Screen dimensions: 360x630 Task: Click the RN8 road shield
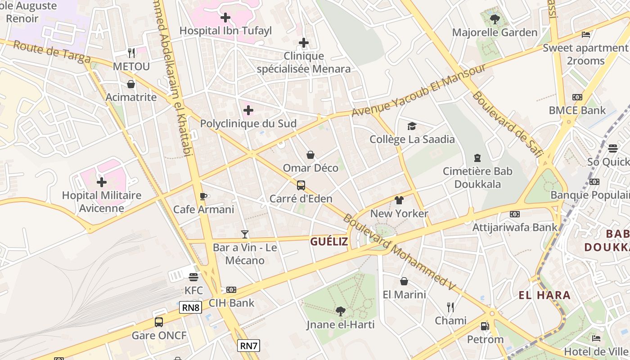pyautogui.click(x=191, y=308)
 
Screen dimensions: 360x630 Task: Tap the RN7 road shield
pyautogui.click(x=248, y=346)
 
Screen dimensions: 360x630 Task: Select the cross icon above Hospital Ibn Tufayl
pyautogui.click(x=225, y=18)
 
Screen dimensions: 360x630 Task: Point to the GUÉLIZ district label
pyautogui.click(x=329, y=242)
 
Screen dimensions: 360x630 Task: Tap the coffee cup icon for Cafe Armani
pyautogui.click(x=203, y=196)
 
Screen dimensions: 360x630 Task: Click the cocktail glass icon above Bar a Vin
pyautogui.click(x=245, y=234)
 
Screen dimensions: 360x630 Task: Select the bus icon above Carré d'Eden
pyautogui.click(x=301, y=185)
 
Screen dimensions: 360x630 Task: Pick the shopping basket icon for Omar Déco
pyautogui.click(x=310, y=155)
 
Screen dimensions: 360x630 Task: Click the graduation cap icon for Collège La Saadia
pyautogui.click(x=412, y=126)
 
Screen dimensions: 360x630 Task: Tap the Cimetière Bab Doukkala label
pyautogui.click(x=477, y=178)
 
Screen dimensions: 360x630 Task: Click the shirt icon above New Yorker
pyautogui.click(x=399, y=200)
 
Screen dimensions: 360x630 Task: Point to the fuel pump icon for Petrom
pyautogui.click(x=485, y=326)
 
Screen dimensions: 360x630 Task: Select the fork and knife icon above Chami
pyautogui.click(x=450, y=307)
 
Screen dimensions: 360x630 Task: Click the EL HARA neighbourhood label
pyautogui.click(x=544, y=295)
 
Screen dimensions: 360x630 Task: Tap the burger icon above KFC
pyautogui.click(x=193, y=277)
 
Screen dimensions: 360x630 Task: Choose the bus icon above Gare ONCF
pyautogui.click(x=159, y=322)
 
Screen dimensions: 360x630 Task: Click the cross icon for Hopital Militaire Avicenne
pyautogui.click(x=102, y=182)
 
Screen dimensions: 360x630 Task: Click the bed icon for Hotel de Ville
pyautogui.click(x=596, y=338)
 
